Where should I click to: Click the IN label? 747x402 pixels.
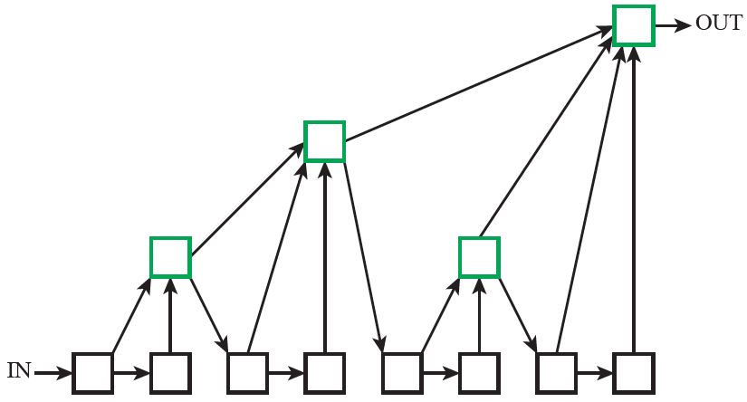pos(19,370)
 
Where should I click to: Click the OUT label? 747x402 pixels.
pos(718,24)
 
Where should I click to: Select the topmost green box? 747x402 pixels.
pos(633,24)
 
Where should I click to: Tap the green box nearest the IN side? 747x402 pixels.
pos(170,256)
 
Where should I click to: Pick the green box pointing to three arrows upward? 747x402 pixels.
pos(324,141)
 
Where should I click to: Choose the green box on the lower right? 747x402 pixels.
pos(479,256)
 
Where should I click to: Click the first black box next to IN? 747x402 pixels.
pos(93,371)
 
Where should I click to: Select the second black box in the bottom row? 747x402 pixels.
pos(170,371)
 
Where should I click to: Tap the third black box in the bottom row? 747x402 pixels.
pos(247,371)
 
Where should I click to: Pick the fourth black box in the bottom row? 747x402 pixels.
pos(324,371)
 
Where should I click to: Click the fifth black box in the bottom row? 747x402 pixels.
pos(402,371)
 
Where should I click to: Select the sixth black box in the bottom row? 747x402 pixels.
pos(479,371)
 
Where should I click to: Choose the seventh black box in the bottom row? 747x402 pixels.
pos(556,371)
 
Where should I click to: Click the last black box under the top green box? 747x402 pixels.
pos(633,371)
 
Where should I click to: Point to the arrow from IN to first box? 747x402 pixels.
pos(53,371)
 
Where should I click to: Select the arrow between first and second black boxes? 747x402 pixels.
pos(131,371)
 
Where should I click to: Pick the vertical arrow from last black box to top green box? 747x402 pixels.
pos(633,199)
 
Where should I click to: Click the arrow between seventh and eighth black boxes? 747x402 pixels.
pos(594,371)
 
